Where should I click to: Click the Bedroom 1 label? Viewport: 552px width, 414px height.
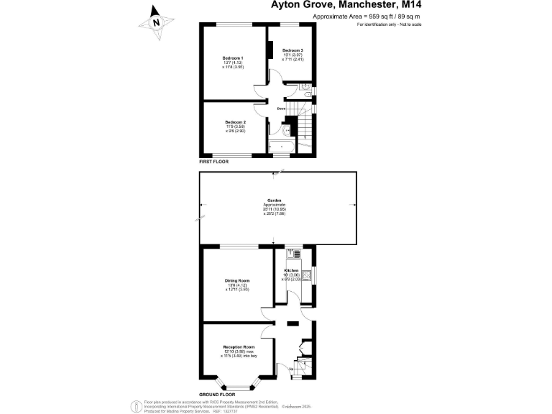(232, 57)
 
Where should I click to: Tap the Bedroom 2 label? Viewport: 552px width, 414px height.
(235, 122)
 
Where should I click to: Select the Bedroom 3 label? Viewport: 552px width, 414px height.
(292, 50)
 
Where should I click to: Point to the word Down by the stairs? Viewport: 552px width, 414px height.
(282, 109)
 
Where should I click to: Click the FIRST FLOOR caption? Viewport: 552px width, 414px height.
(213, 162)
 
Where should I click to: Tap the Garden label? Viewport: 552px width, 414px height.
(274, 201)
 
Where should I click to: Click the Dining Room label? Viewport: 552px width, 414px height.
(237, 280)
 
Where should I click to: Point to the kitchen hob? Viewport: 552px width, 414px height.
(307, 274)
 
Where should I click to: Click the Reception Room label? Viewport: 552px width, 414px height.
(239, 346)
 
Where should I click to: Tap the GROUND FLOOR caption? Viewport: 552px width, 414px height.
(218, 395)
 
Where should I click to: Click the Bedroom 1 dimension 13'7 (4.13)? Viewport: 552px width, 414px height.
(232, 63)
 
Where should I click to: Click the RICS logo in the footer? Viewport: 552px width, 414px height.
(134, 405)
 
